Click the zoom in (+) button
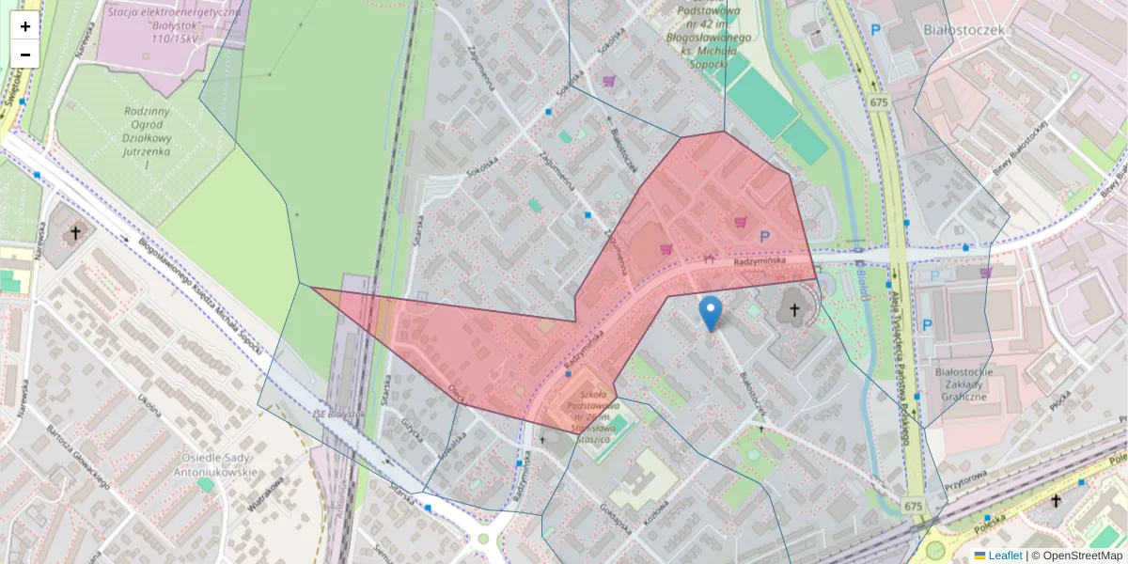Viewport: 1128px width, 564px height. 24,26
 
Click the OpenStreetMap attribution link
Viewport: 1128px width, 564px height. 1082,556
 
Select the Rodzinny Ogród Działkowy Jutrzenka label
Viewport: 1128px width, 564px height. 147,137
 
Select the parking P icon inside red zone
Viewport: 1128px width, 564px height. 764,239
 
